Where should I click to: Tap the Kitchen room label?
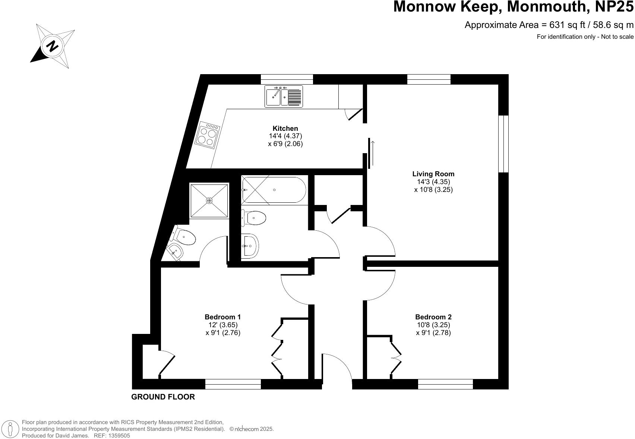(x=285, y=129)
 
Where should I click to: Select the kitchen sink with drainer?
(x=284, y=96)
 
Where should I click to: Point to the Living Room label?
(x=433, y=174)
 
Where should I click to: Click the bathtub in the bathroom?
(x=274, y=190)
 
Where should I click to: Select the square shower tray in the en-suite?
(x=209, y=200)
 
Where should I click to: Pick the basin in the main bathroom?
(x=250, y=246)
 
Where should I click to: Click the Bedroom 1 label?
(x=222, y=317)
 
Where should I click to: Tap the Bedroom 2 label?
(x=433, y=317)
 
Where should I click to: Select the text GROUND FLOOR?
(x=163, y=397)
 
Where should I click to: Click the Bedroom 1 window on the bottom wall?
(x=233, y=384)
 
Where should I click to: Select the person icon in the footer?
(x=10, y=429)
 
